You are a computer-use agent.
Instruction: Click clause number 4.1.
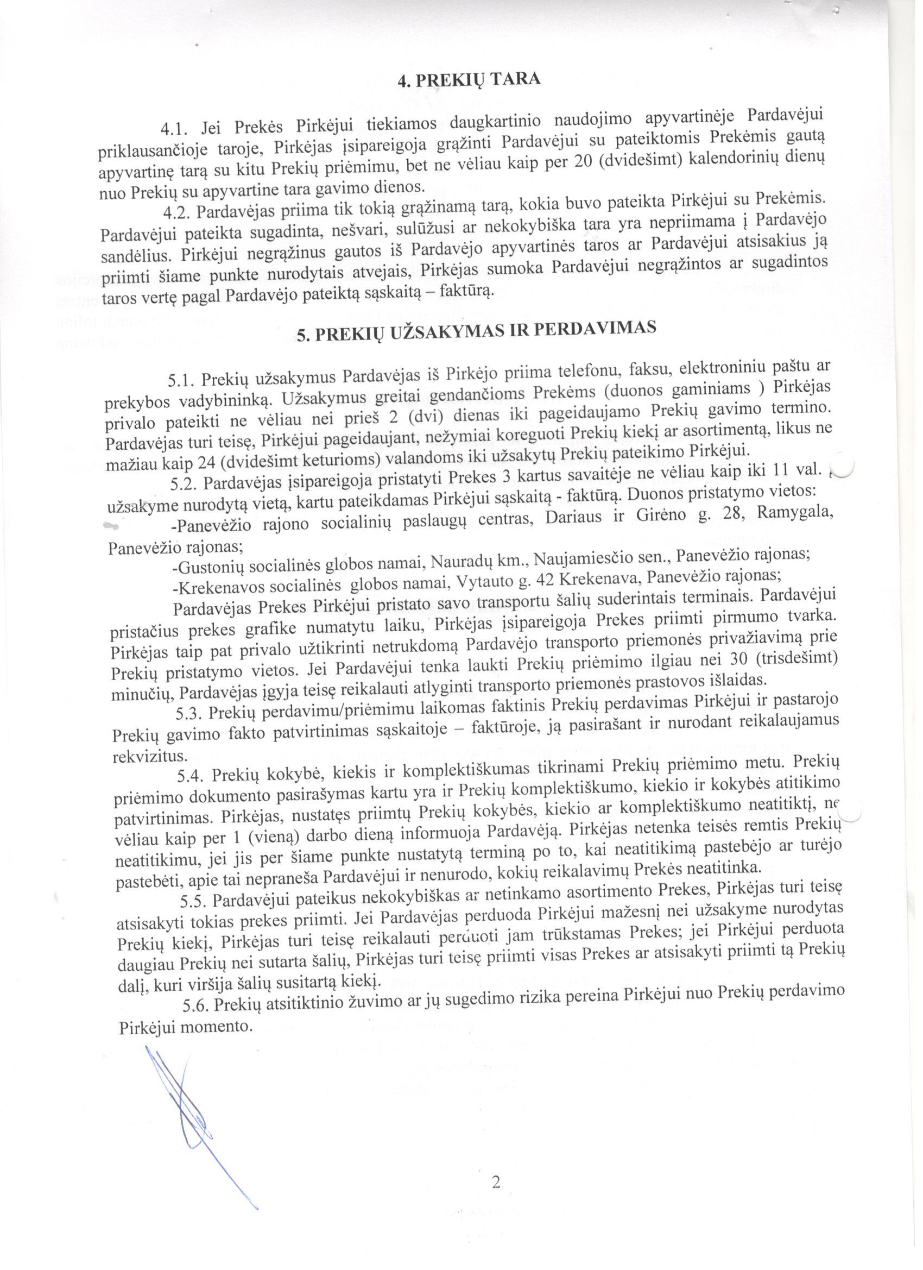pos(175,129)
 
